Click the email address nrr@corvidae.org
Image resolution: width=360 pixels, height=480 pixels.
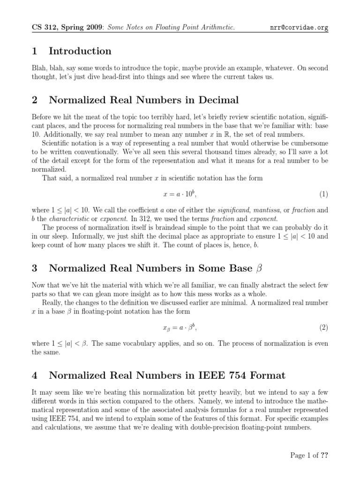coord(299,28)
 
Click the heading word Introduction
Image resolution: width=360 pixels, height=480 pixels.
coord(80,51)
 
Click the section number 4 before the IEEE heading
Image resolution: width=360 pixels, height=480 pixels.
coord(35,375)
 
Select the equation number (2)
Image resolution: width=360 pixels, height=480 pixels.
coord(323,328)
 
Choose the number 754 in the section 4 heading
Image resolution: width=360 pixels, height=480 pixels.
coord(232,375)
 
